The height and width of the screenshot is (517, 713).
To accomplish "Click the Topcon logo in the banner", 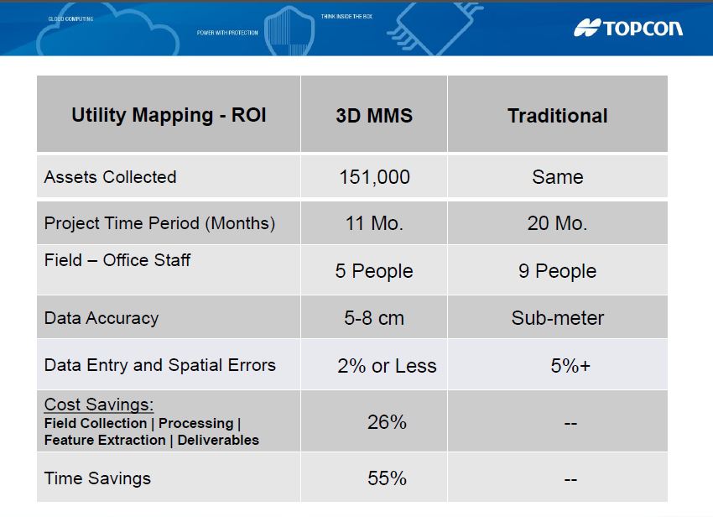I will (x=628, y=28).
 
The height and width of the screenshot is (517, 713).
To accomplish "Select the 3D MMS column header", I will (x=374, y=116).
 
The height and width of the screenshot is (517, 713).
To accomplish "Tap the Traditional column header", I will (x=557, y=116).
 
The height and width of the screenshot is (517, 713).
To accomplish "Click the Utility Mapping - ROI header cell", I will (x=169, y=115).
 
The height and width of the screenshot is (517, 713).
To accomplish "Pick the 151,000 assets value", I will (x=374, y=177).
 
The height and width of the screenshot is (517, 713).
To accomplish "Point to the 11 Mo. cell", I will (x=374, y=223).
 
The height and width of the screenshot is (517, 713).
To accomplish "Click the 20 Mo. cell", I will (x=557, y=223).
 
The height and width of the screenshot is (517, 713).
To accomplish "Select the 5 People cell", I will (x=374, y=271).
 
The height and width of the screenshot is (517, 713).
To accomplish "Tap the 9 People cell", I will (x=557, y=271).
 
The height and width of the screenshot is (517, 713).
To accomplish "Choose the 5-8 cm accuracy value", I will (x=374, y=318).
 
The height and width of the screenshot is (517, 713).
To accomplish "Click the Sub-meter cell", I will (x=557, y=318).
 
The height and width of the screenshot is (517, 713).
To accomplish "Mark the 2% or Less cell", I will (x=387, y=366).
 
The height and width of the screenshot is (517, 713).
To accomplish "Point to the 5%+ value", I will (x=570, y=366).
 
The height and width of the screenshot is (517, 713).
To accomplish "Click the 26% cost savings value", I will (x=387, y=422).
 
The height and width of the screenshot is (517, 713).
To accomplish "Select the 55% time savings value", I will (x=387, y=478).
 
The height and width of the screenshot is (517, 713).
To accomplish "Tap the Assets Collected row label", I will (x=110, y=177).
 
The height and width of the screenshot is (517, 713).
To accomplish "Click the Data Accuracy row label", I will (x=101, y=318).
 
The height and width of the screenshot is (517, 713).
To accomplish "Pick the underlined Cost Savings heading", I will (x=98, y=405).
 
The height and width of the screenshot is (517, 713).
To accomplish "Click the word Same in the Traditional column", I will (x=557, y=177).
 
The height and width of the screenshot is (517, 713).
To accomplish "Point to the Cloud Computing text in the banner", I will (x=70, y=18).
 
